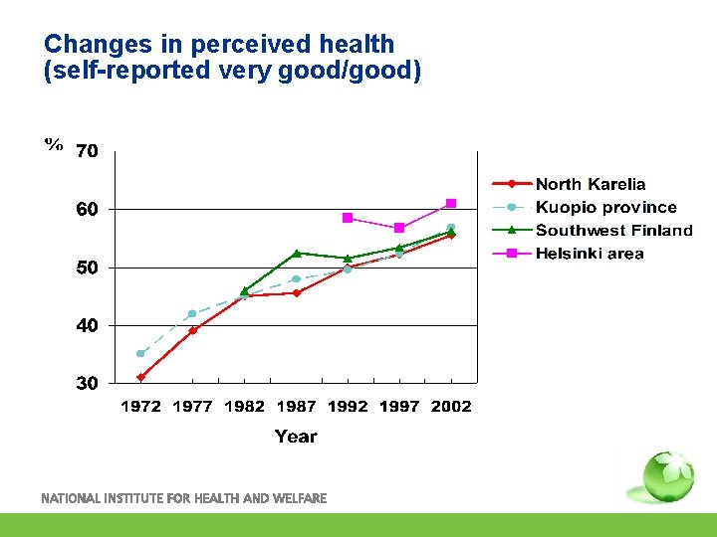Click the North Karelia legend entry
pyautogui.click(x=590, y=184)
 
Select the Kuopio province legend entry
pyautogui.click(x=604, y=207)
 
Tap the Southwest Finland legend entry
pyautogui.click(x=612, y=230)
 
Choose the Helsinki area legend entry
pyautogui.click(x=589, y=253)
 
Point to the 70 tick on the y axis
pyautogui.click(x=88, y=151)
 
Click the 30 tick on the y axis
pyautogui.click(x=88, y=384)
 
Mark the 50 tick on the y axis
pyautogui.click(x=88, y=268)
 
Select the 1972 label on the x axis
pyautogui.click(x=140, y=406)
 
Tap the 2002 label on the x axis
pyautogui.click(x=451, y=406)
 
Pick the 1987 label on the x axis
pyautogui.click(x=296, y=406)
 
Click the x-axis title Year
pyautogui.click(x=296, y=436)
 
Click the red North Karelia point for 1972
pyautogui.click(x=140, y=377)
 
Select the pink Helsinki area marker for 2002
pyautogui.click(x=451, y=204)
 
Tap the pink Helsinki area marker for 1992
pyautogui.click(x=348, y=217)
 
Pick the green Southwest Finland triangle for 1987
pyautogui.click(x=296, y=253)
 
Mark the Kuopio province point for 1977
pyautogui.click(x=192, y=313)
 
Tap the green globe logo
pyautogui.click(x=667, y=476)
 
